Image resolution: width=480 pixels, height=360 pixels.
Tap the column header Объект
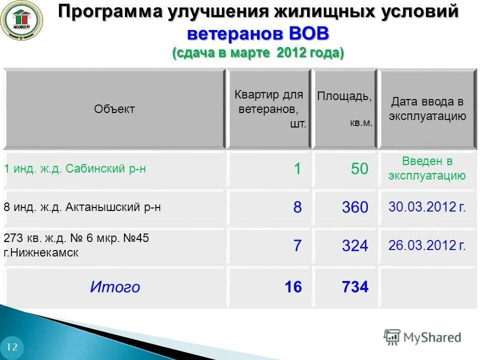[x=114, y=109]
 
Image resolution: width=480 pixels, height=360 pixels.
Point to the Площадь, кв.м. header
[x=344, y=109]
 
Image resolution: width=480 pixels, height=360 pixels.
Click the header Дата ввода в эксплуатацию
[x=427, y=109]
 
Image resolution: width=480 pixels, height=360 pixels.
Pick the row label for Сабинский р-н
[x=75, y=169]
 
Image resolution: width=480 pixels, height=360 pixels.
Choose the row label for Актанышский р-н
[x=82, y=207]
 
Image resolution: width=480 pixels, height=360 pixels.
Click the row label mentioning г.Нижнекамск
[x=76, y=245]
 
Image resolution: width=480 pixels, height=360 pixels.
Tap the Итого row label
[x=115, y=287]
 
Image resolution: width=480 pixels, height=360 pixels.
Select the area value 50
[x=359, y=169]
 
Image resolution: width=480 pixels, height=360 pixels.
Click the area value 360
[x=355, y=207]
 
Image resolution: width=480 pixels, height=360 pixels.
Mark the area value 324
[x=355, y=245]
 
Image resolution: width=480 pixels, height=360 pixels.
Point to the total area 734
[x=355, y=287]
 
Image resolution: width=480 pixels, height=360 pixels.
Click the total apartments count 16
[x=293, y=287]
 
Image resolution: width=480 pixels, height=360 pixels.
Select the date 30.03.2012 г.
[x=427, y=207]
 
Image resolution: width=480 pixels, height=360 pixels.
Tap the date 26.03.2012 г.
[x=427, y=245]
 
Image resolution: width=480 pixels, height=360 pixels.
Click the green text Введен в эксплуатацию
[x=427, y=168]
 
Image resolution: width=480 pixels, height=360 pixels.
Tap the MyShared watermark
[x=422, y=337]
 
